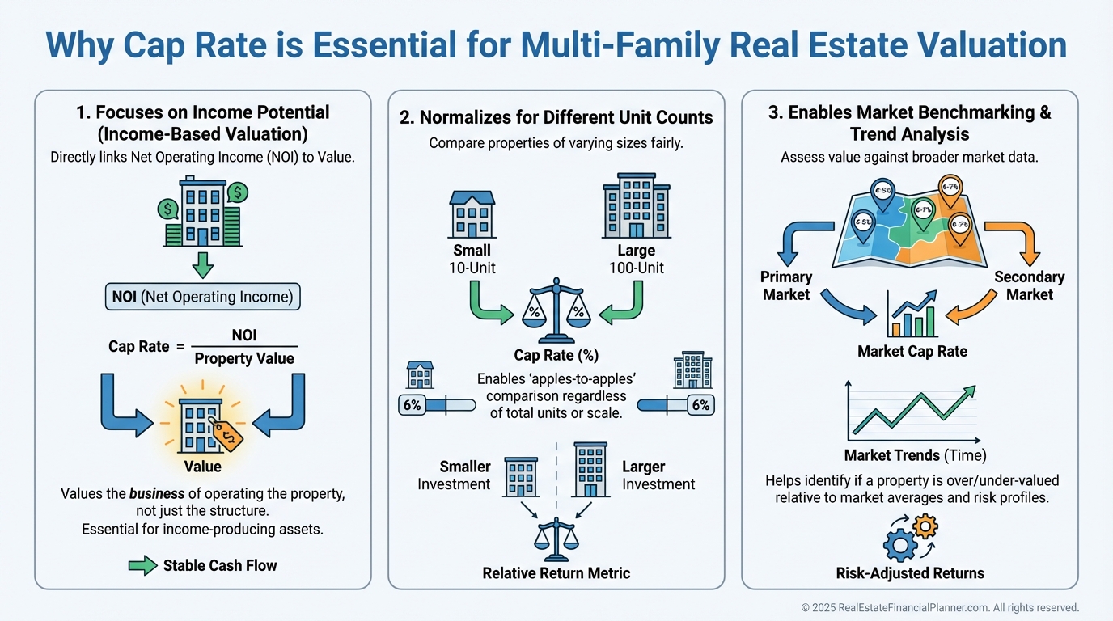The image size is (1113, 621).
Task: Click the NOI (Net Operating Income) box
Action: click(x=202, y=297)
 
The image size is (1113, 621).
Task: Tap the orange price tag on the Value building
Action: click(x=227, y=434)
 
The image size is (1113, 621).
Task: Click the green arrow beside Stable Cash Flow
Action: click(x=142, y=565)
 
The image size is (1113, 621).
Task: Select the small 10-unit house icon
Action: click(x=472, y=213)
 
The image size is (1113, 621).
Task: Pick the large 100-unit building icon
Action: click(x=635, y=207)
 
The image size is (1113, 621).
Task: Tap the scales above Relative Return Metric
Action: click(x=556, y=539)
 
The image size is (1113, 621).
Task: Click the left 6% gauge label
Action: click(x=412, y=405)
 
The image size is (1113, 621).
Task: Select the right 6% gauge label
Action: click(x=700, y=405)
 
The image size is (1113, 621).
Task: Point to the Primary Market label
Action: click(x=785, y=286)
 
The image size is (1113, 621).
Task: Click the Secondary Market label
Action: click(x=1029, y=286)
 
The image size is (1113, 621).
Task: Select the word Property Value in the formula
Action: click(x=244, y=358)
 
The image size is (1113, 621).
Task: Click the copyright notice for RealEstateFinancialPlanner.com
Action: click(x=940, y=607)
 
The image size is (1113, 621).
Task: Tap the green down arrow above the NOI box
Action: click(x=203, y=264)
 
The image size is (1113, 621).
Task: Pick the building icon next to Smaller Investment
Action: click(x=521, y=476)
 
